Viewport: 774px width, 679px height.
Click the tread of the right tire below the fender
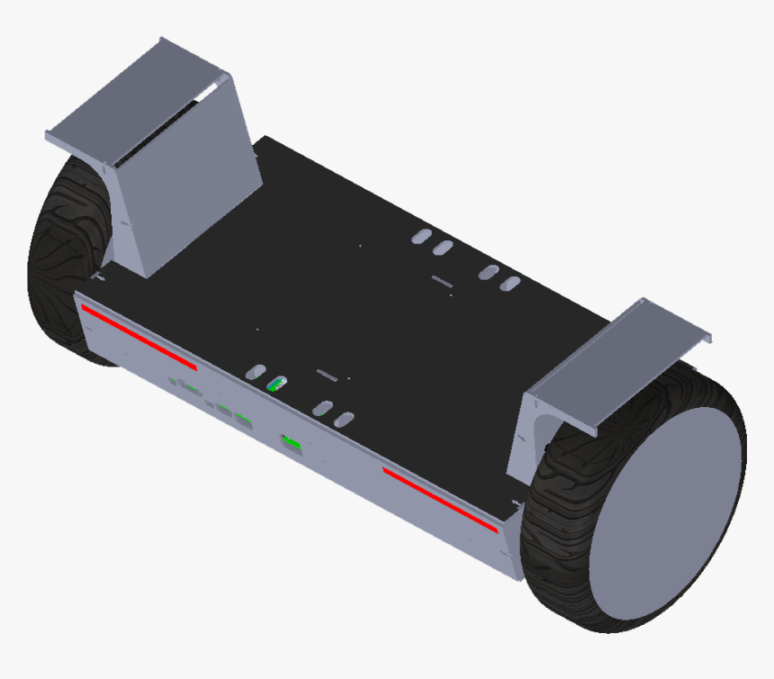[562, 531]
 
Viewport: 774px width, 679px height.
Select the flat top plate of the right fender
[621, 360]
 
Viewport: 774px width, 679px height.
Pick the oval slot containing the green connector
[277, 384]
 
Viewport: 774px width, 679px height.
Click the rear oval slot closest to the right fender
[510, 285]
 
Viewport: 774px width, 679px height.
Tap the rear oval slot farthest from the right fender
[420, 236]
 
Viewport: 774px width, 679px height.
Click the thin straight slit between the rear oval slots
[442, 282]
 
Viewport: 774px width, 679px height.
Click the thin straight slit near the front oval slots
[326, 373]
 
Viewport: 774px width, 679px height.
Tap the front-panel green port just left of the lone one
[243, 419]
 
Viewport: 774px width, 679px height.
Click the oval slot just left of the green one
[256, 371]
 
